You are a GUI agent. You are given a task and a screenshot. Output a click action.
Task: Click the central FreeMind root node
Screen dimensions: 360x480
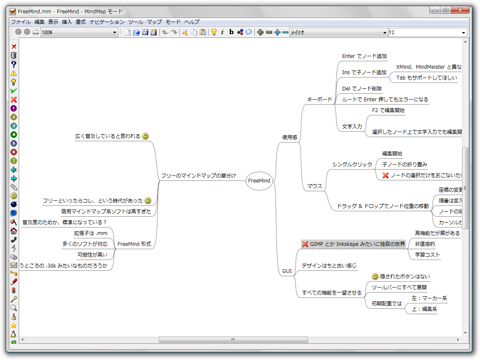pos(259,181)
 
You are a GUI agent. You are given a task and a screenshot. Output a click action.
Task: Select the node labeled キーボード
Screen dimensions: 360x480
pos(319,100)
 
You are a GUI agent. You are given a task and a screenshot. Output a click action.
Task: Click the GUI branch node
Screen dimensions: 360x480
pos(287,271)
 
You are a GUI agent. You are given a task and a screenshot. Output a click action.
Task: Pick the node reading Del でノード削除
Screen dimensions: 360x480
pos(361,88)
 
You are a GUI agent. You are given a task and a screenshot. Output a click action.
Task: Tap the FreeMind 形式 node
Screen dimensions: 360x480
pos(134,244)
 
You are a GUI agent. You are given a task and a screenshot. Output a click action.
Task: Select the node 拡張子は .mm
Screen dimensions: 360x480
pos(90,233)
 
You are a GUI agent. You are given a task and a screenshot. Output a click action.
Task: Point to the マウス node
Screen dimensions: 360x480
pos(314,186)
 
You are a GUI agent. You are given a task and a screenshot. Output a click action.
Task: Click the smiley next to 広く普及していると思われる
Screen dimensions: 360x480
pos(145,136)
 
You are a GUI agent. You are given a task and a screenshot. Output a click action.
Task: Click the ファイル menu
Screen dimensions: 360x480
pos(20,22)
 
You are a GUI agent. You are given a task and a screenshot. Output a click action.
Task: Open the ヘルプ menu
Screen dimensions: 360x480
pos(192,22)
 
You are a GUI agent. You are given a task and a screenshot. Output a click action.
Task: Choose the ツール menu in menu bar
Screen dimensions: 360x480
pos(136,22)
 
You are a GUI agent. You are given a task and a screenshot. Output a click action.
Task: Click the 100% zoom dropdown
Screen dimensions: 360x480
pos(79,32)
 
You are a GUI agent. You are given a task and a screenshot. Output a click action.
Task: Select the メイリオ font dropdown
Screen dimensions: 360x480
pos(338,32)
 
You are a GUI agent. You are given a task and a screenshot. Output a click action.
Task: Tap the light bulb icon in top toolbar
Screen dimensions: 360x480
pos(214,32)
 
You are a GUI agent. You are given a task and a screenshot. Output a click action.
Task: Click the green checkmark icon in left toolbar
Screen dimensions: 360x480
pos(14,91)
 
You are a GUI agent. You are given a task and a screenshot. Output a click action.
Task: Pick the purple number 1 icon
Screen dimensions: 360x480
pos(14,108)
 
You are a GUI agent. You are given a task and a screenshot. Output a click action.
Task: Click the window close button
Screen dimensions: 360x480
pos(461,10)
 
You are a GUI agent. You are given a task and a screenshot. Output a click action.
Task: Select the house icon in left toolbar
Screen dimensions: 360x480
pos(14,231)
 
